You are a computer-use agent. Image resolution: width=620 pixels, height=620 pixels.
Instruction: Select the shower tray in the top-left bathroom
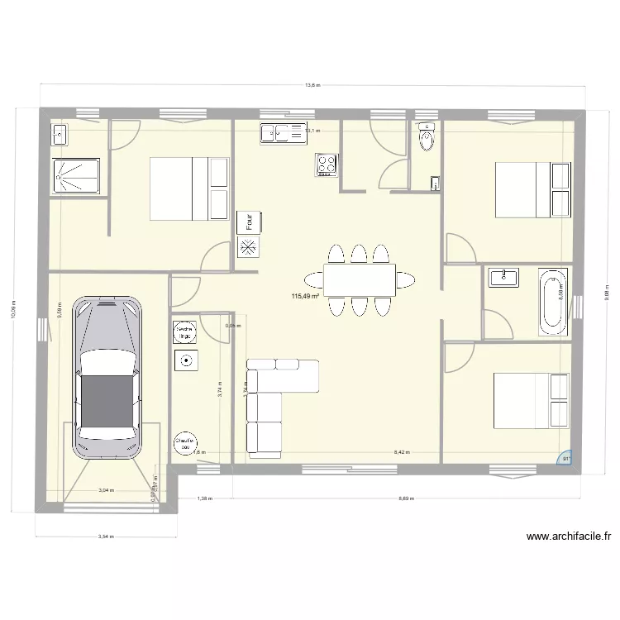tap(76, 174)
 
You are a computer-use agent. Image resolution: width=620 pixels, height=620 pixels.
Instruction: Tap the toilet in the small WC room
tap(427, 138)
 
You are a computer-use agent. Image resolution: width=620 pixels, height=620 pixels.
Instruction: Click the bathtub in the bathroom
tap(551, 302)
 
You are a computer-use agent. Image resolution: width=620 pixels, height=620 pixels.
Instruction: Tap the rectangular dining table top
tap(359, 279)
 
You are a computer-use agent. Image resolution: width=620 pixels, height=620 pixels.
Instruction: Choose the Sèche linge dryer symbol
tap(186, 332)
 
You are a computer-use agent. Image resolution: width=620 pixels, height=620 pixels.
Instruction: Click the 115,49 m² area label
tap(306, 296)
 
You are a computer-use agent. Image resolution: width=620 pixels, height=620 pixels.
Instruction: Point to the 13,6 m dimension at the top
tap(312, 85)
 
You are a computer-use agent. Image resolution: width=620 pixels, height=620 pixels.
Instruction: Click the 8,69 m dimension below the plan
tap(406, 498)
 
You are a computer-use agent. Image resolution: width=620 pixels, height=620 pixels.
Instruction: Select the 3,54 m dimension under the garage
tap(104, 537)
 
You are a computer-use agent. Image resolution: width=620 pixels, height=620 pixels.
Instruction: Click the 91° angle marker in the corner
tap(566, 460)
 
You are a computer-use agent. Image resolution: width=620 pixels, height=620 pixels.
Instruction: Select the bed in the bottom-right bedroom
tap(531, 401)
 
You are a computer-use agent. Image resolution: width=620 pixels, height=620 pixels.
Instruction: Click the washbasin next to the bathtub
tap(503, 277)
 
